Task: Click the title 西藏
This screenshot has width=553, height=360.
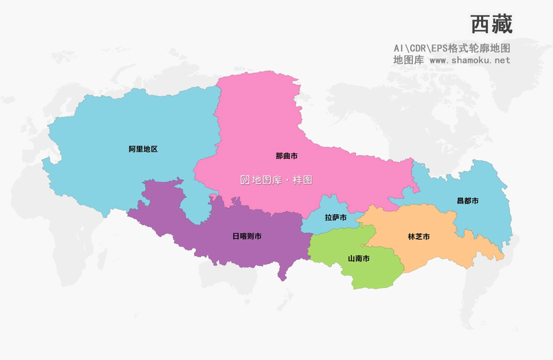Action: pyautogui.click(x=491, y=24)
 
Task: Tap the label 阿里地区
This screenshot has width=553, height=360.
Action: pyautogui.click(x=143, y=149)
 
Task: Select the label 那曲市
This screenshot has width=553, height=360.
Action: pyautogui.click(x=286, y=156)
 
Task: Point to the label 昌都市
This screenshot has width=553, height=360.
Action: pyautogui.click(x=467, y=201)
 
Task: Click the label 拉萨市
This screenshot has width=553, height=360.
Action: pyautogui.click(x=335, y=218)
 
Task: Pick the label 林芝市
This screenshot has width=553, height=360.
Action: pyautogui.click(x=419, y=237)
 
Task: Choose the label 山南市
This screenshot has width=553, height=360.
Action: pyautogui.click(x=359, y=259)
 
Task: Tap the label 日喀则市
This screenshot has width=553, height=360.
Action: pyautogui.click(x=247, y=237)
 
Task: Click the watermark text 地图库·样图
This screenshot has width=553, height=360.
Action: pyautogui.click(x=282, y=180)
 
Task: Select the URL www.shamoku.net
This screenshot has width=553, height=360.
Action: pyautogui.click(x=470, y=60)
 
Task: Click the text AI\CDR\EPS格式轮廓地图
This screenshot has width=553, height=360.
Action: pyautogui.click(x=452, y=48)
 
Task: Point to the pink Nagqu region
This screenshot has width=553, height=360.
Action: pyautogui.click(x=258, y=122)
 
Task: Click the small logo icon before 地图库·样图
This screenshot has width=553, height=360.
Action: pyautogui.click(x=245, y=180)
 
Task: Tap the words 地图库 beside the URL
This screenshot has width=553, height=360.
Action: pyautogui.click(x=408, y=60)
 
